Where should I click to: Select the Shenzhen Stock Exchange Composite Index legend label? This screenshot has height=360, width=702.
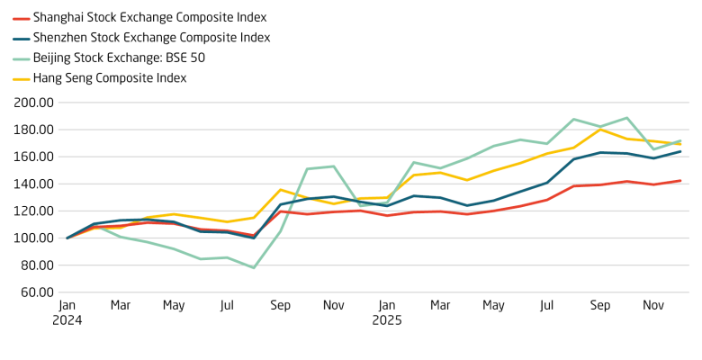coord(151,37)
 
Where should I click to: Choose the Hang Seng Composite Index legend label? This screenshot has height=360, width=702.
coord(110,78)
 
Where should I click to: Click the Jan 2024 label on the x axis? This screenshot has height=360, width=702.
coord(67,311)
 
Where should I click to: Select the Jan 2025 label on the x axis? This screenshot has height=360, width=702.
coord(387,311)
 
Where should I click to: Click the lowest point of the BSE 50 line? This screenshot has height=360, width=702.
coord(253,267)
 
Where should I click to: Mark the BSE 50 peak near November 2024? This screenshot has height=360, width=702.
coord(333,166)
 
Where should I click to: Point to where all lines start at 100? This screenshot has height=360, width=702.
coord(67,238)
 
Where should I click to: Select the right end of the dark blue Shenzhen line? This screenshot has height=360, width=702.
coord(679,151)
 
